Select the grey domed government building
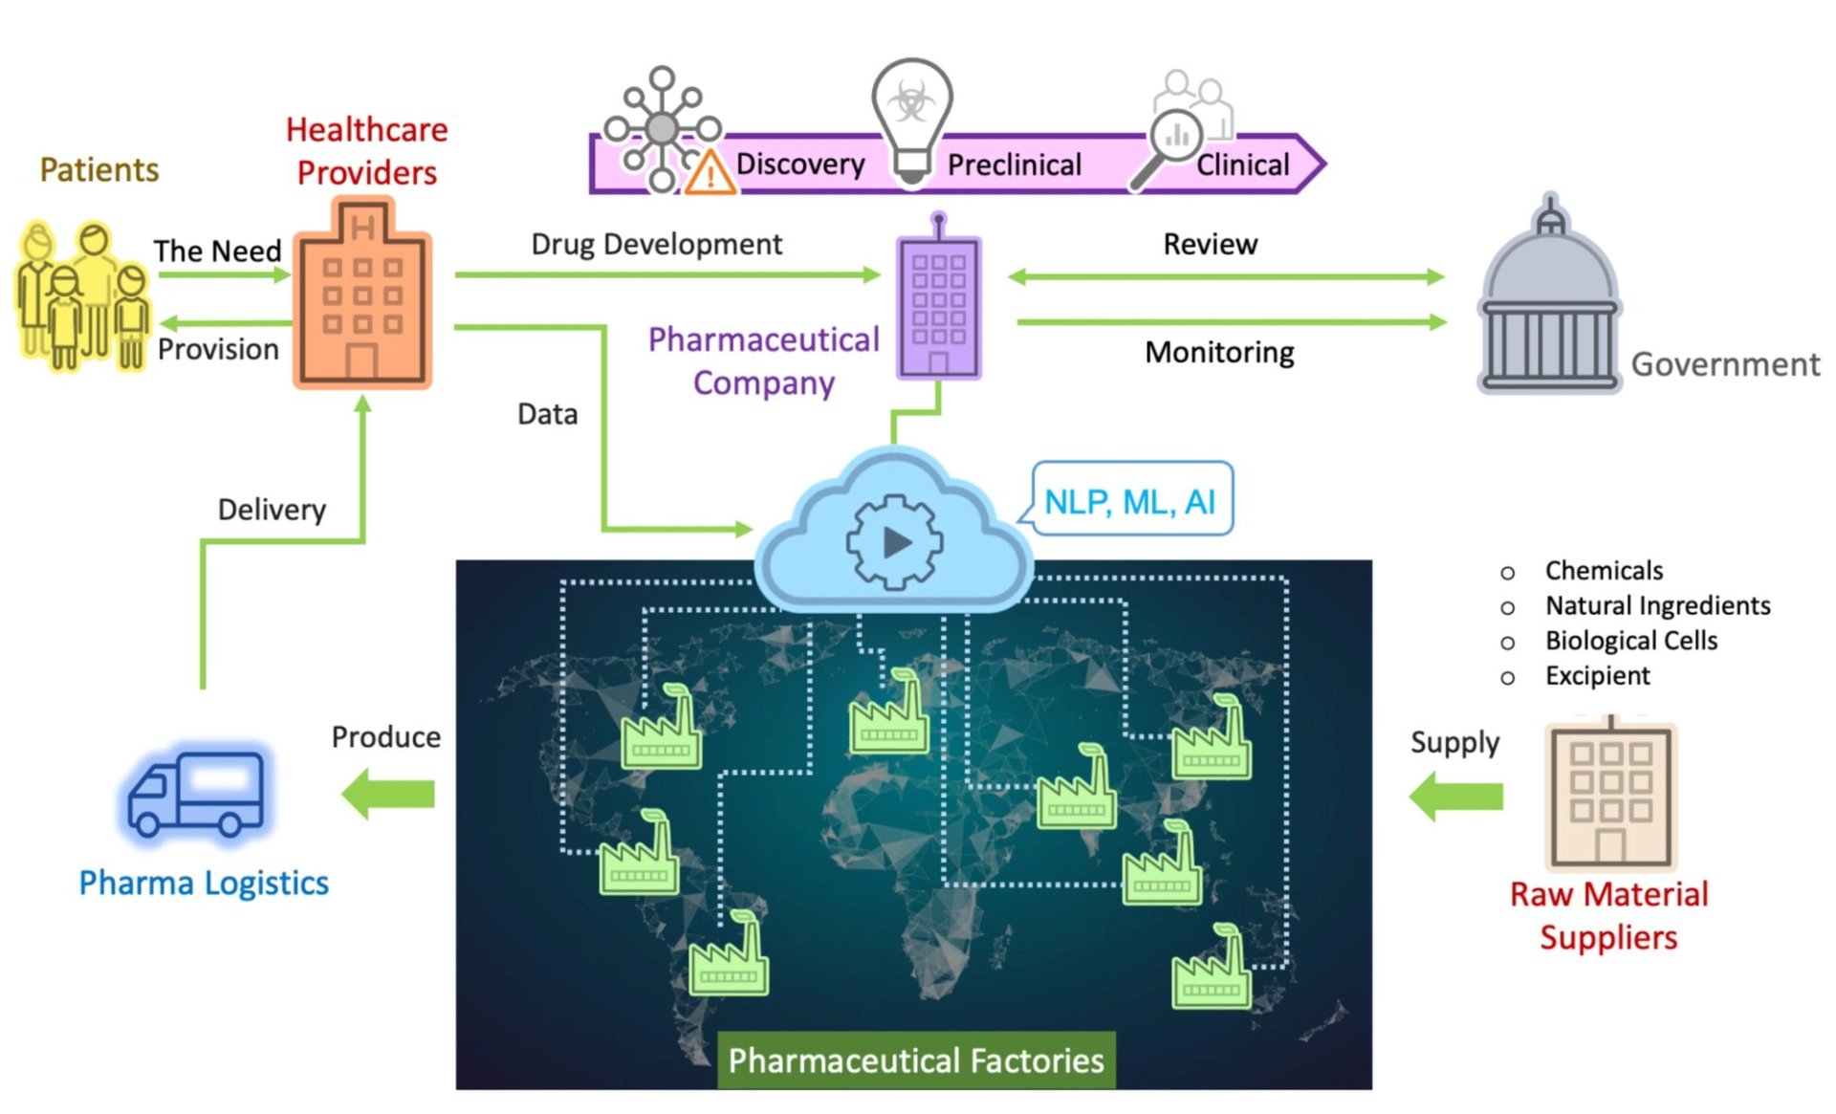pyautogui.click(x=1549, y=302)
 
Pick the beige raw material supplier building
pyautogui.click(x=1610, y=796)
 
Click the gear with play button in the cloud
pyautogui.click(x=894, y=542)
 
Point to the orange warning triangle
pyautogui.click(x=710, y=173)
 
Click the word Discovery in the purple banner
pyautogui.click(x=799, y=164)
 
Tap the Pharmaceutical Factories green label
pyautogui.click(x=916, y=1060)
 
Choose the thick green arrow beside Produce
pyautogui.click(x=389, y=794)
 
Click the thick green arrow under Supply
pyautogui.click(x=1456, y=796)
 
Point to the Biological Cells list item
pyautogui.click(x=1631, y=641)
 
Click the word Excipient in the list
pyautogui.click(x=1597, y=676)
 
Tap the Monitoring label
pyautogui.click(x=1219, y=353)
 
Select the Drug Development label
pyautogui.click(x=657, y=245)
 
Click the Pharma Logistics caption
pyautogui.click(x=204, y=883)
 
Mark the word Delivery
pyautogui.click(x=272, y=510)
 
